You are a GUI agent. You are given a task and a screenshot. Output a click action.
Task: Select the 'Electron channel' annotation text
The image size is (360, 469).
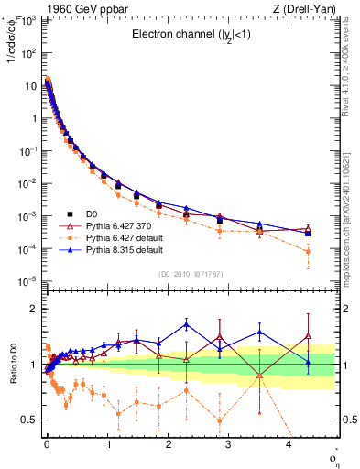[x=191, y=36]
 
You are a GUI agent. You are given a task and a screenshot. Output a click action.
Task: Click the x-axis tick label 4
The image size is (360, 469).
[x=289, y=443]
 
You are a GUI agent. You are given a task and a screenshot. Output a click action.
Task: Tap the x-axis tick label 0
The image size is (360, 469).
[x=47, y=443]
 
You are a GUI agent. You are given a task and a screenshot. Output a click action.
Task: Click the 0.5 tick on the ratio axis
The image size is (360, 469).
[x=29, y=420]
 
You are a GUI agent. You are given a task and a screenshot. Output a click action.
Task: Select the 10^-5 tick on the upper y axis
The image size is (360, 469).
[x=27, y=280]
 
